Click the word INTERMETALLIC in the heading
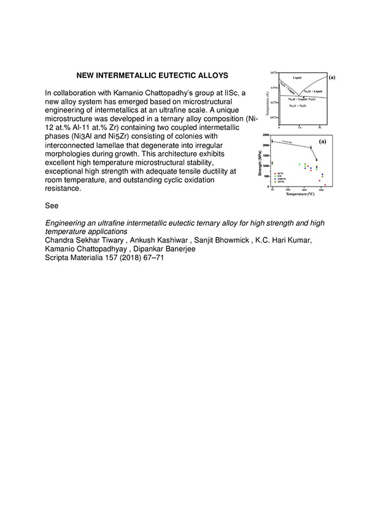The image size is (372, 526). tap(126, 75)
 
